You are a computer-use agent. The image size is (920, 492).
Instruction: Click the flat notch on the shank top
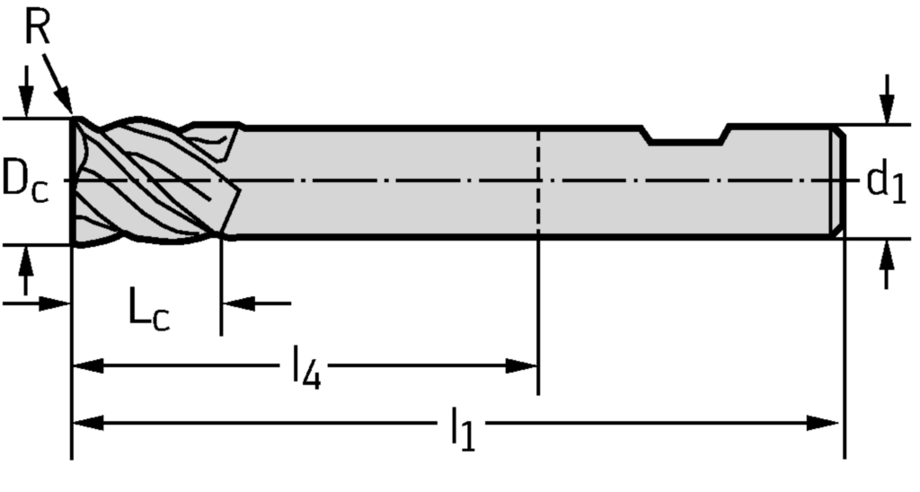click(x=687, y=140)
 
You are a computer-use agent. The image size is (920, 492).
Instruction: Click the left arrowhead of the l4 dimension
click(x=86, y=365)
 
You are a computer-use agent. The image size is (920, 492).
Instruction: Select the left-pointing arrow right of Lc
click(x=237, y=303)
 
